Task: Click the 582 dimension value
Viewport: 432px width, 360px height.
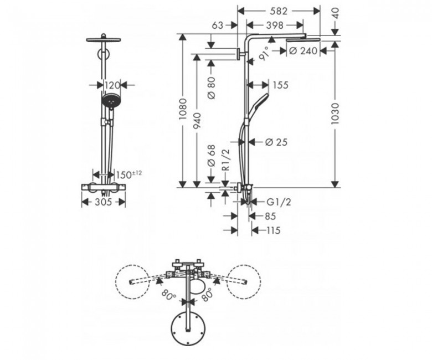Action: [279, 11]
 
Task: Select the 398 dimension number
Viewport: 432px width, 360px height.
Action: [275, 25]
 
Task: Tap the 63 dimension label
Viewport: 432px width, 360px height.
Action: [218, 25]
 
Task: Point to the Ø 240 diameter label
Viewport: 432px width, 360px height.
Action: [304, 51]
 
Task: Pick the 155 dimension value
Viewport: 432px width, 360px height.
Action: [280, 85]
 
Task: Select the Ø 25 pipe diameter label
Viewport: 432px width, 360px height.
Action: [276, 142]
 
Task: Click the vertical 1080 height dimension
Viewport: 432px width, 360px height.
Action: [183, 109]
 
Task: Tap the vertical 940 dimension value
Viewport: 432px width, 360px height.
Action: [197, 121]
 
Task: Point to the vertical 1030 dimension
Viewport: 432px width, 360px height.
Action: [335, 114]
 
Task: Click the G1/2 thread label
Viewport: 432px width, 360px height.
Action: [279, 203]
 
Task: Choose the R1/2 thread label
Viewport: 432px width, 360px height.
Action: [225, 160]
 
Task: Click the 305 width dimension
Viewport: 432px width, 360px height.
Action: [104, 202]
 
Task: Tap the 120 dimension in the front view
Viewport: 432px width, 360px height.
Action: [112, 85]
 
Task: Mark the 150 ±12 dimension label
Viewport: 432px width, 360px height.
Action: [129, 174]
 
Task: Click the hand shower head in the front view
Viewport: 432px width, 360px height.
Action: [111, 100]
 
